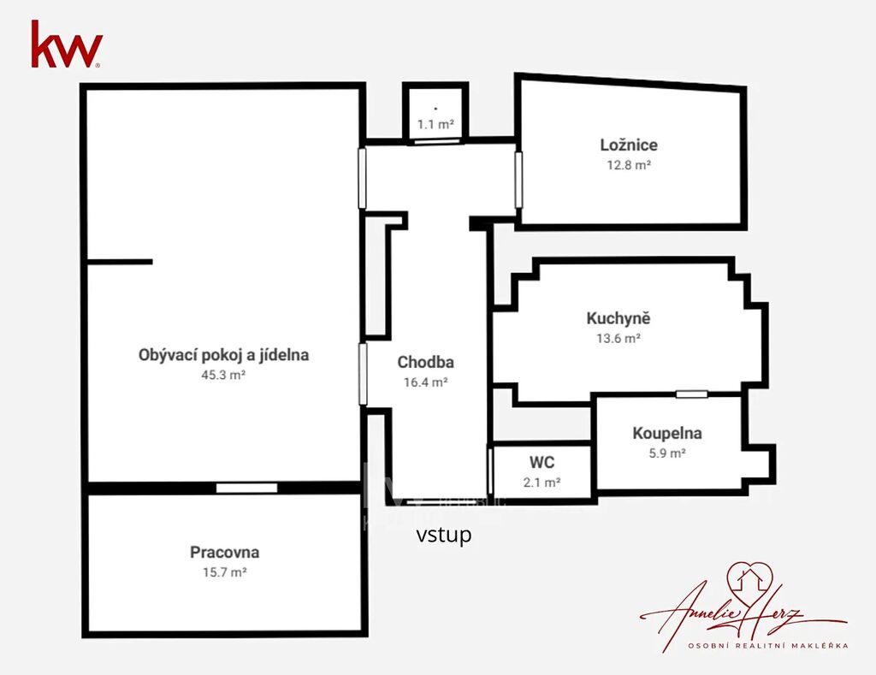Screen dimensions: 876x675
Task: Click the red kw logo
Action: click(x=67, y=44)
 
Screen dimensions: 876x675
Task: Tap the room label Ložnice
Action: click(x=629, y=145)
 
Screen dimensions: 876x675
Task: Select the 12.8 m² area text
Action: click(x=629, y=165)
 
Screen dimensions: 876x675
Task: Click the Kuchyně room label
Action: click(x=619, y=318)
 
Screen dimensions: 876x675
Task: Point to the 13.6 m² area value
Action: click(x=619, y=338)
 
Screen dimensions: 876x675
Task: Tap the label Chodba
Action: click(x=426, y=362)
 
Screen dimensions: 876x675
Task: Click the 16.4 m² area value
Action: click(x=426, y=382)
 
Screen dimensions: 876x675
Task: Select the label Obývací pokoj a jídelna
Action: click(x=223, y=355)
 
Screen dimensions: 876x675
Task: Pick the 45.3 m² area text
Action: click(x=223, y=375)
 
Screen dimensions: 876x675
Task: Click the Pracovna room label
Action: click(x=225, y=552)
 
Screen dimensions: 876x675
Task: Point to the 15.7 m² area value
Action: click(x=225, y=572)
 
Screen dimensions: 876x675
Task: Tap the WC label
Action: click(x=542, y=462)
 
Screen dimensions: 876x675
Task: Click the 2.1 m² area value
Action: click(x=542, y=483)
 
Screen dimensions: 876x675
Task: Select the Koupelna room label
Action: click(x=667, y=433)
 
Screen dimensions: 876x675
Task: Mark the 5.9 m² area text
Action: click(x=667, y=453)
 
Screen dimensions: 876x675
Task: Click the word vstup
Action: click(x=444, y=536)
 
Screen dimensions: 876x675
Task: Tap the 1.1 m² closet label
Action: click(x=435, y=124)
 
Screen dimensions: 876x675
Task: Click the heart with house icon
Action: click(x=749, y=579)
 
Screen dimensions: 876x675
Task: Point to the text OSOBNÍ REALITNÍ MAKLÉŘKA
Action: click(x=768, y=645)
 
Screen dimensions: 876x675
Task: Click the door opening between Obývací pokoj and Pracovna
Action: click(x=246, y=488)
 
